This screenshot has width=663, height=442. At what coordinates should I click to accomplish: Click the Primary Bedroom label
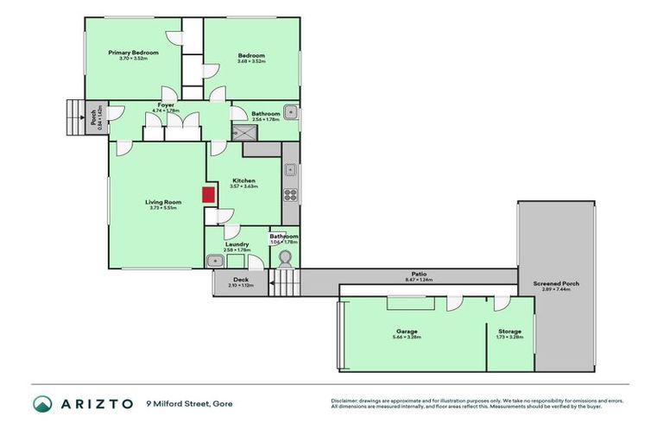click(134, 53)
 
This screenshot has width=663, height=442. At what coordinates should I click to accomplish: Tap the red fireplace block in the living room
click(208, 194)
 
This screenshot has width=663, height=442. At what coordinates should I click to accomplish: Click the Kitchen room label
click(244, 181)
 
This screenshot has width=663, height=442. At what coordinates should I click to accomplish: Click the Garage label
click(407, 331)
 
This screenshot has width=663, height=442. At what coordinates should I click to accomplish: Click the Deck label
click(241, 280)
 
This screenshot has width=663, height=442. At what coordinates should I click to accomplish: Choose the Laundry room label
click(237, 244)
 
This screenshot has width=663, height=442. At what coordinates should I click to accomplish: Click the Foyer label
click(165, 105)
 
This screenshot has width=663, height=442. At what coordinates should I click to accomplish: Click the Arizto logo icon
click(43, 403)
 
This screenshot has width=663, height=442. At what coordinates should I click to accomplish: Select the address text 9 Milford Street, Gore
click(189, 403)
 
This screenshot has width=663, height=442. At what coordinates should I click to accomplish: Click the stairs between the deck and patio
click(284, 281)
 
